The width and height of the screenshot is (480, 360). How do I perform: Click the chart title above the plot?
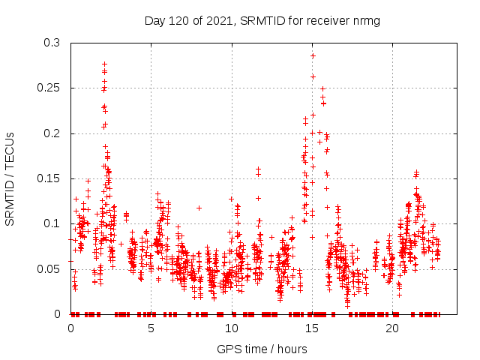(x=262, y=20)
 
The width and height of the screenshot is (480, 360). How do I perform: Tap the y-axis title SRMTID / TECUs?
(x=10, y=178)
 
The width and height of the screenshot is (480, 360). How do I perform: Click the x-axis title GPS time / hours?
(x=262, y=349)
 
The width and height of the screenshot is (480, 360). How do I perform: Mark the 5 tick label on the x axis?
(x=151, y=328)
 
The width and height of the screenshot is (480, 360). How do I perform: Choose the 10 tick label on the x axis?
(x=232, y=328)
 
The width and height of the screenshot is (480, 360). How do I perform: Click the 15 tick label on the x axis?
(x=312, y=328)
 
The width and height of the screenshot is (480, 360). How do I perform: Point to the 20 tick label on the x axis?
(x=392, y=328)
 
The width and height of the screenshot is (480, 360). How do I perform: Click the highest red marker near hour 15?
(x=313, y=55)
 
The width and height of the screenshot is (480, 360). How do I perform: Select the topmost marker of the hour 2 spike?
(x=104, y=64)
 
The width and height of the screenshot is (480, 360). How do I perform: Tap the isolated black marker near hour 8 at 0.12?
(x=199, y=208)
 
